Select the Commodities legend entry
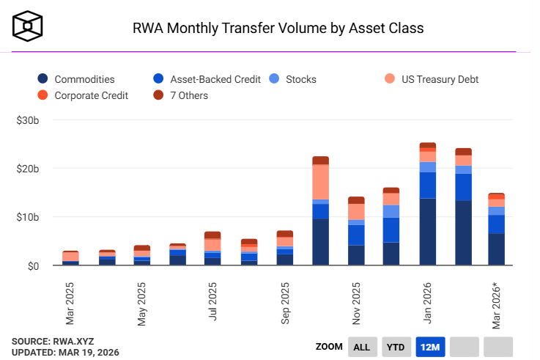76,79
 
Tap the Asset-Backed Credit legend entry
207,79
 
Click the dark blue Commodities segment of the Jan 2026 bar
427,231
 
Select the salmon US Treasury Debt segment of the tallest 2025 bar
320,181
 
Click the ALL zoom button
361,347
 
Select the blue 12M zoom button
429,347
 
